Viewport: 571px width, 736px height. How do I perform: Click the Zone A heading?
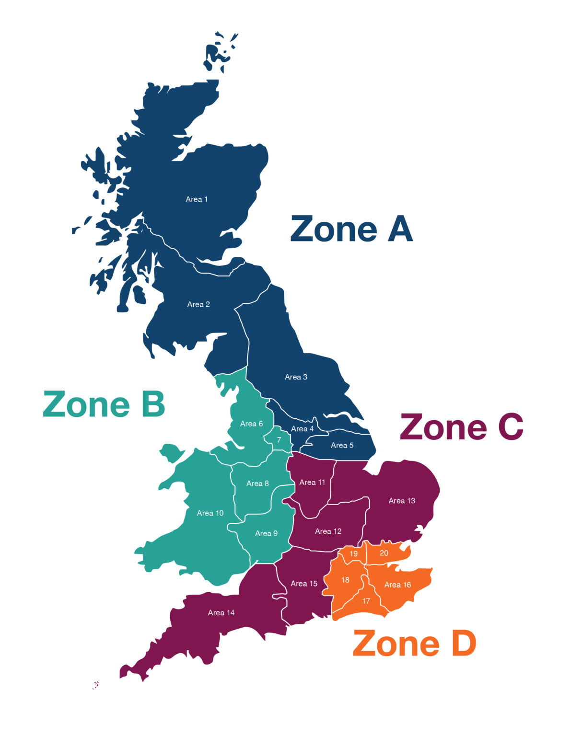click(x=351, y=229)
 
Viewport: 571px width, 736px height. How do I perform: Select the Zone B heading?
click(x=104, y=404)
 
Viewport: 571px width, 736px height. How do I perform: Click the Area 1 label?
click(x=197, y=199)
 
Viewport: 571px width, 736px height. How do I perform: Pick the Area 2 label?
click(x=198, y=304)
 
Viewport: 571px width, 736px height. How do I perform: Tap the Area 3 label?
click(x=296, y=377)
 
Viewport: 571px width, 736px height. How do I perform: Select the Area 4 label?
click(x=302, y=429)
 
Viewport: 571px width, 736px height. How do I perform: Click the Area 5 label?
click(x=342, y=445)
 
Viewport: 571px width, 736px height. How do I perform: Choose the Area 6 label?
click(x=251, y=424)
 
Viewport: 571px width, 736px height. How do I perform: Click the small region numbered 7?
click(x=279, y=439)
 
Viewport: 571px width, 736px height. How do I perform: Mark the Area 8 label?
click(x=257, y=483)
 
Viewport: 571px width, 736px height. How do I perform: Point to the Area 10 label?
click(x=210, y=513)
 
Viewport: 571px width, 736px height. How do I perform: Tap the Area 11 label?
click(x=312, y=483)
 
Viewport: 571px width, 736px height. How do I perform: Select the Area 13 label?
click(x=402, y=501)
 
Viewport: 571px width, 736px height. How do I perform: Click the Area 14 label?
click(x=221, y=612)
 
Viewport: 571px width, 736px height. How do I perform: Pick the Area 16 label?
click(x=397, y=585)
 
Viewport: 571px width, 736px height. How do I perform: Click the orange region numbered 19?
click(x=353, y=553)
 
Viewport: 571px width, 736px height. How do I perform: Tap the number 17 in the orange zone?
click(x=366, y=601)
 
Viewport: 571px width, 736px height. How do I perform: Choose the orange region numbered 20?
click(x=384, y=553)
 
